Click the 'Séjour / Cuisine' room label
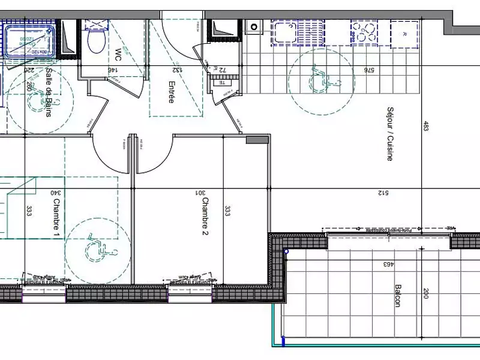(390, 134)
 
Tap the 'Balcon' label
(397, 296)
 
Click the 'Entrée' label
(171, 92)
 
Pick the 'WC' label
(110, 55)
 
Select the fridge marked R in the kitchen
(404, 33)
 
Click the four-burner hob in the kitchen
(364, 33)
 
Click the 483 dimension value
(425, 127)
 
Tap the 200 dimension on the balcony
(426, 294)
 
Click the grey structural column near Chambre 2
(257, 140)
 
